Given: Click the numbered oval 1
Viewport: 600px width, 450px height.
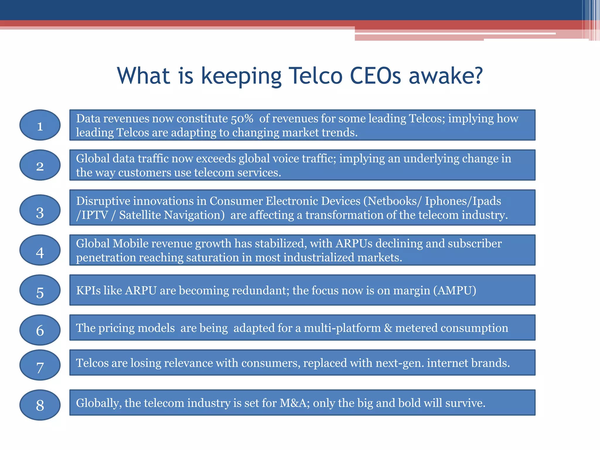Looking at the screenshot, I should pyautogui.click(x=40, y=125).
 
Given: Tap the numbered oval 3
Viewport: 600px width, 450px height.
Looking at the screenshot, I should pyautogui.click(x=40, y=210).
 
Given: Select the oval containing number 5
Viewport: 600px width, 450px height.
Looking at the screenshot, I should pyautogui.click(x=40, y=290).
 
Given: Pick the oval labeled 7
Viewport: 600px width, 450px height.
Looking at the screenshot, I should pyautogui.click(x=40, y=365).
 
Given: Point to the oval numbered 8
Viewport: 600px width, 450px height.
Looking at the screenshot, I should pyautogui.click(x=40, y=405).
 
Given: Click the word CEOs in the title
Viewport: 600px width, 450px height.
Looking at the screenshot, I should pyautogui.click(x=376, y=76).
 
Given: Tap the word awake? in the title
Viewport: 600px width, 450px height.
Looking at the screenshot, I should pyautogui.click(x=446, y=76).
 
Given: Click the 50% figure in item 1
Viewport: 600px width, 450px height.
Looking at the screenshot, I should pyautogui.click(x=242, y=119).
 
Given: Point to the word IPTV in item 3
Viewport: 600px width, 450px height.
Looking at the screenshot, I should pyautogui.click(x=92, y=215).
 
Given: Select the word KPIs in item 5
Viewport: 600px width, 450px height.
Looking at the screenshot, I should pyautogui.click(x=88, y=290).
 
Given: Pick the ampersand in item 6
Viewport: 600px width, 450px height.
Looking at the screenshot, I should pyautogui.click(x=388, y=328).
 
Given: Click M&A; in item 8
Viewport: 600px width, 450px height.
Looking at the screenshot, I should pyautogui.click(x=295, y=403).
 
